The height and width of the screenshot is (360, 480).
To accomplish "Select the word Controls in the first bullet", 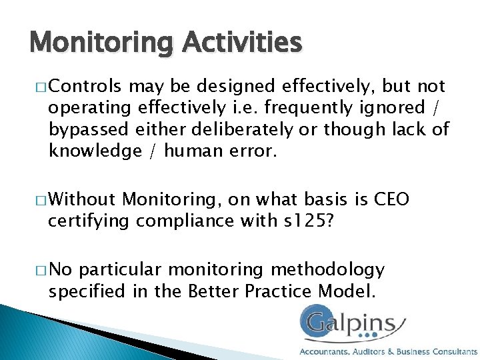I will [85, 87].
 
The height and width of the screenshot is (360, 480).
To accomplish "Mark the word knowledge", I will [90, 151].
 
